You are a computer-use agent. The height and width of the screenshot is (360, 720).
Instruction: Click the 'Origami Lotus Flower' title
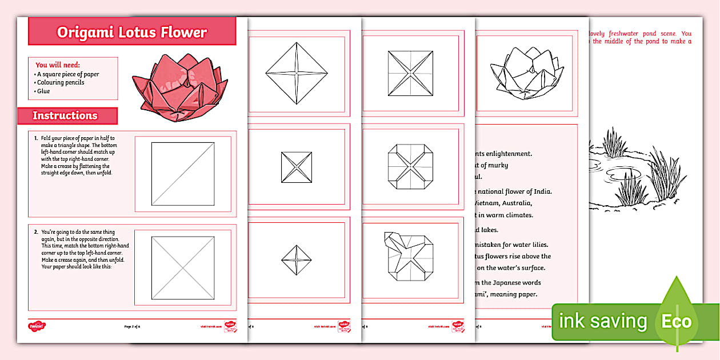[132, 32]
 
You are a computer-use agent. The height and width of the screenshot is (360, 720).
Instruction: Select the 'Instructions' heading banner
[65, 115]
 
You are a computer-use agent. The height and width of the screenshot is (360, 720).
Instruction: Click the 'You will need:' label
[58, 65]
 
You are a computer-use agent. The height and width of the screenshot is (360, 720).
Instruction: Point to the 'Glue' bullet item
[43, 91]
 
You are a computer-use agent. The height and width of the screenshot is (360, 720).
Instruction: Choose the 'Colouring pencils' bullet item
[59, 82]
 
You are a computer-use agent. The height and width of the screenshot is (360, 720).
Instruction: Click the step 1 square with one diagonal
[183, 174]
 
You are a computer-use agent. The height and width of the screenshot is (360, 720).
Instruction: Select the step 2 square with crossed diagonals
[183, 268]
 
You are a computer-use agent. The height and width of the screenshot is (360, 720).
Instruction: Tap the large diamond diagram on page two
[297, 73]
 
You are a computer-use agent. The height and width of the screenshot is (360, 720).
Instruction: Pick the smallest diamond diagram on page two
[297, 259]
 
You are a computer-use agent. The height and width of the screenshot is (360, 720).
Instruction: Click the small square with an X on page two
[297, 167]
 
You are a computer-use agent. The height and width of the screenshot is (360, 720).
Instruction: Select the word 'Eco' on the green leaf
[677, 321]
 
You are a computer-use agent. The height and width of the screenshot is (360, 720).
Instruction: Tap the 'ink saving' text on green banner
[602, 321]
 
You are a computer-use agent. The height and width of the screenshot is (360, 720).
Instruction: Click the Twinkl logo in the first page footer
[37, 326]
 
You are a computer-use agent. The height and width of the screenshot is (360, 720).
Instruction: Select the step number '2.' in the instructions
[36, 232]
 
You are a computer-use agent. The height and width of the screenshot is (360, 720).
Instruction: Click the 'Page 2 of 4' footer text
[132, 326]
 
